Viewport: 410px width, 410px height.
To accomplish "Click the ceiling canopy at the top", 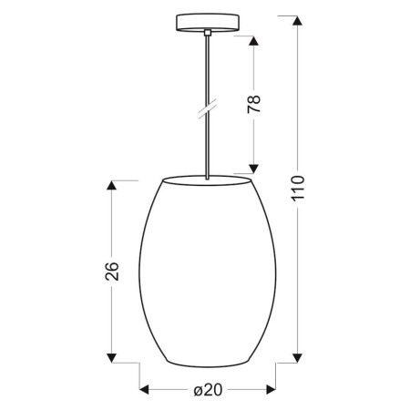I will [x=208, y=22].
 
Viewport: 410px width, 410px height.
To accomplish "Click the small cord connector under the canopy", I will [x=209, y=32].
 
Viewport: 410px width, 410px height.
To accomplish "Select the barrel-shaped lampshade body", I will [x=208, y=273].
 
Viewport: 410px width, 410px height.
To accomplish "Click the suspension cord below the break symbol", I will [x=208, y=146].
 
